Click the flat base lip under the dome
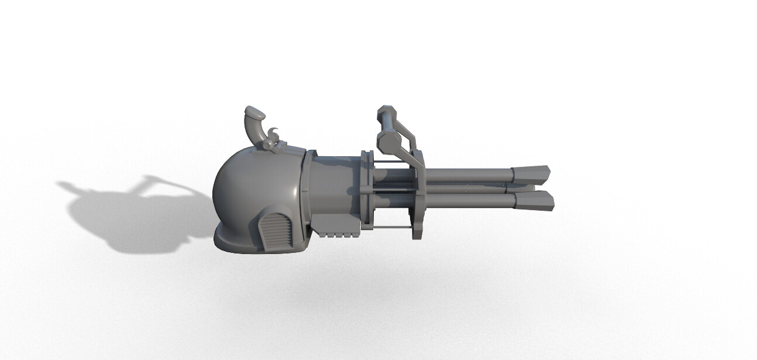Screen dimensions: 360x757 tap(234, 241)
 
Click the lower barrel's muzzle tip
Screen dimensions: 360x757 tap(535, 200)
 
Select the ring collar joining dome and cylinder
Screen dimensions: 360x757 tap(308, 193)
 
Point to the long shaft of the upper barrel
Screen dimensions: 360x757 tap(468, 174)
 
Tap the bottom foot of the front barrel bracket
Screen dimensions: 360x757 tap(417, 234)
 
